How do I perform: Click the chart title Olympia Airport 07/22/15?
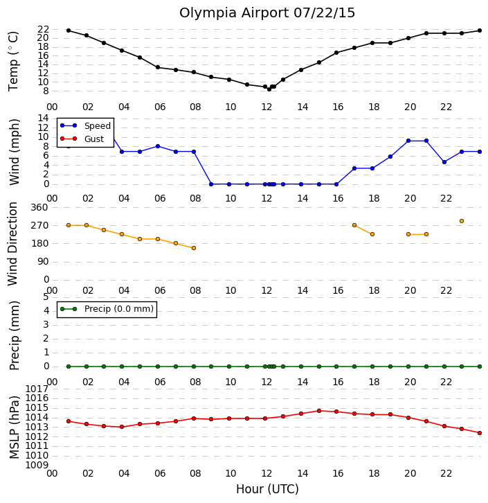click(267, 13)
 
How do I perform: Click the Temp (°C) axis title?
click(13, 61)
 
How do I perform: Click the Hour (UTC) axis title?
click(267, 489)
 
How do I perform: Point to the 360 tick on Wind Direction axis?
click(39, 208)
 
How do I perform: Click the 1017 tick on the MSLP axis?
click(37, 389)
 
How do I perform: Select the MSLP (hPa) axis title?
click(14, 427)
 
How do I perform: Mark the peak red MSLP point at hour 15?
click(319, 411)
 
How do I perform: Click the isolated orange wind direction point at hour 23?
click(462, 221)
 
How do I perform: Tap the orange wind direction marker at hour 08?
click(194, 248)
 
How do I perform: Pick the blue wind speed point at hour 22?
click(444, 162)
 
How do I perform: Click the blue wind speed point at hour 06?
click(158, 146)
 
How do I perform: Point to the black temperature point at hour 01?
click(69, 30)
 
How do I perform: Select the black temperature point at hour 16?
click(336, 53)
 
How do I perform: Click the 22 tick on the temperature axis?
click(43, 29)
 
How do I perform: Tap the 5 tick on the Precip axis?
click(46, 297)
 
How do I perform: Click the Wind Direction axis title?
click(12, 244)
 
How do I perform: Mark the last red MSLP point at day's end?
click(480, 433)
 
